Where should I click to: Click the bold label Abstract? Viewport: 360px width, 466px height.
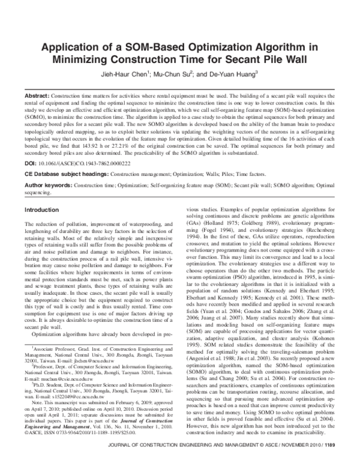37,97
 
